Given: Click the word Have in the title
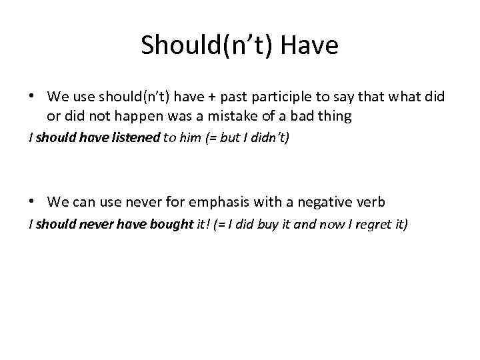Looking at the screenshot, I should click(311, 45).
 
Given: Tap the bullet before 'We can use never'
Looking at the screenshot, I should click(32, 201).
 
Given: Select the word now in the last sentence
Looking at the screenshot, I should click(327, 225).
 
